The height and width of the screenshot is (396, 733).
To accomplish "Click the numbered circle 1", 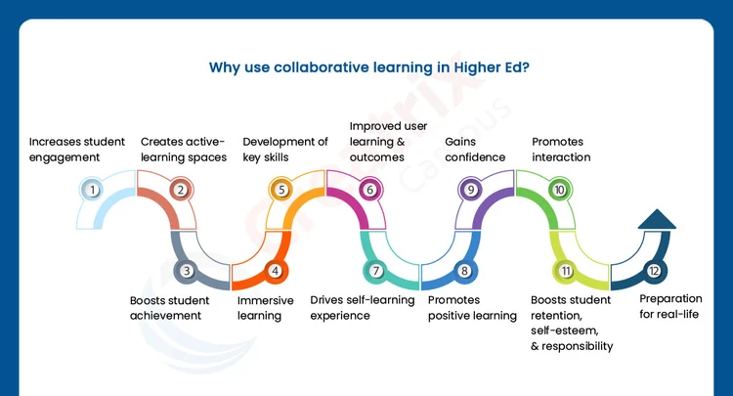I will click(93, 191).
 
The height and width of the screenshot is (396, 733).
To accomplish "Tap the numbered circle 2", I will click(180, 191).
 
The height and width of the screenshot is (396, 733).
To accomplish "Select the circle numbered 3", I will click(188, 271).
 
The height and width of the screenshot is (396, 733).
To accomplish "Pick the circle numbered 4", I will click(275, 271).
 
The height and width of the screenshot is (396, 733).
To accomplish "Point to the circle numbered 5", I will click(281, 191).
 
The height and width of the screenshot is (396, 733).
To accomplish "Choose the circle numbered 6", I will click(369, 191).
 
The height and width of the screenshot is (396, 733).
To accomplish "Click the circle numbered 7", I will click(376, 271).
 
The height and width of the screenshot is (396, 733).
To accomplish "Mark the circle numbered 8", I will click(464, 271).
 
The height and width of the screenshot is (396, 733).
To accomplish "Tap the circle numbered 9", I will click(471, 191).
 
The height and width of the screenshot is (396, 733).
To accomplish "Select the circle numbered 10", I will click(559, 191).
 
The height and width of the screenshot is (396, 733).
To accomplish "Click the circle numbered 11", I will click(566, 271).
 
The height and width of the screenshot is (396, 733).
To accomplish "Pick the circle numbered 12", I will click(653, 271).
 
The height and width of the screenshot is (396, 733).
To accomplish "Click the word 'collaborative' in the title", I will click(309, 68).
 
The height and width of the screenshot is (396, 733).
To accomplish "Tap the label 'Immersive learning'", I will click(266, 308).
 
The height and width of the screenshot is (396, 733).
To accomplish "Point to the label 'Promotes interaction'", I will click(561, 149).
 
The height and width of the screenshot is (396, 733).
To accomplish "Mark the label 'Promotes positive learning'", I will click(472, 308).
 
